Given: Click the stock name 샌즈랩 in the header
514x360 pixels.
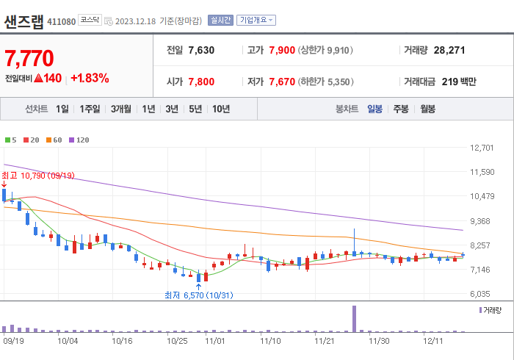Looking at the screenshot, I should pos(23,21).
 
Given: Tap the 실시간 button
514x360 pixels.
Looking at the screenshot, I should pos(220,21).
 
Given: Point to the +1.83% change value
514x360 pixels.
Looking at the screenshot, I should pos(90,78).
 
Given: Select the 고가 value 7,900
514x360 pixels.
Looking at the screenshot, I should pos(281,51).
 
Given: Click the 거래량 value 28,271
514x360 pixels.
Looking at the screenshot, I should pos(449,51).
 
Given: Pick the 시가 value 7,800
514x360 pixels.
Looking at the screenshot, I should pos(201,82).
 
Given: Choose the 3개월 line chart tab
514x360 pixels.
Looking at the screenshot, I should pos(120,109).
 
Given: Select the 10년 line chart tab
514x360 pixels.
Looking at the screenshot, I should pos(220,109).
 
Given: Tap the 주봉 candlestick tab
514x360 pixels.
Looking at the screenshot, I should pos(401,109).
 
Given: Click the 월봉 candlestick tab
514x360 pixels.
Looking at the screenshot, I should pos(428,109).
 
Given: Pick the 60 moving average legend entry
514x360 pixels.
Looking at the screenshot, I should pos(55,140).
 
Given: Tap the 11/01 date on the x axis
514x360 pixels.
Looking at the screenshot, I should pos(216,341).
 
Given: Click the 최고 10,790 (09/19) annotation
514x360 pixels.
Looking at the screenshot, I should pos(38,176).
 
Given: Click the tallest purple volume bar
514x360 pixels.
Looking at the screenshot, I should pos(354,318).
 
